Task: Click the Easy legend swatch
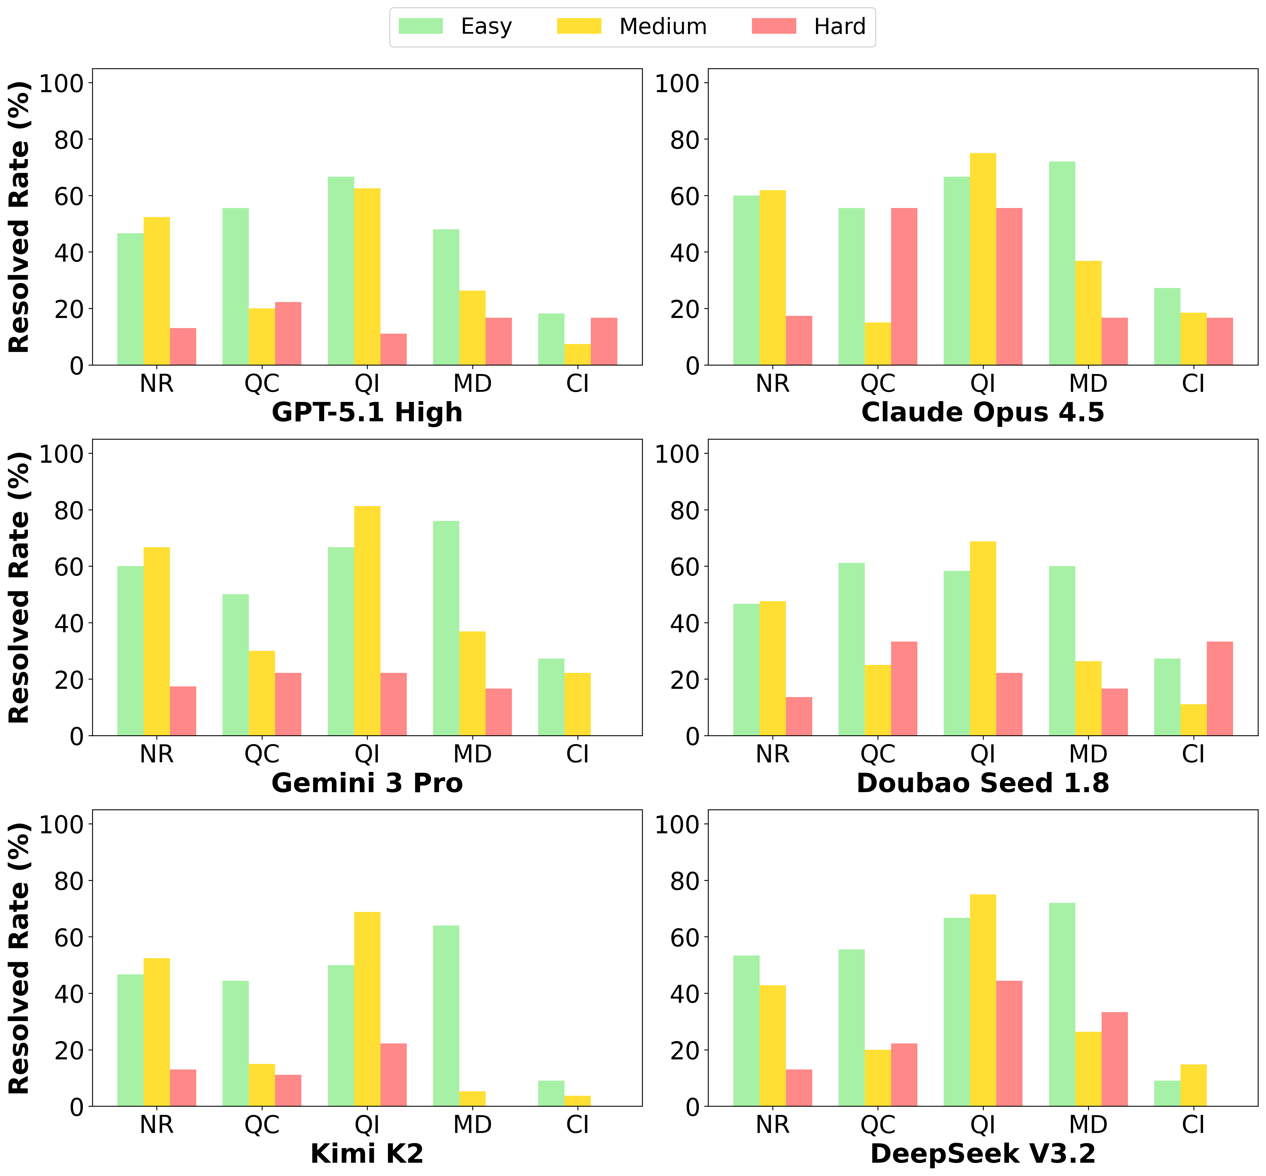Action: pyautogui.click(x=421, y=26)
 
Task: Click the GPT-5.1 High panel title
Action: pyautogui.click(x=367, y=412)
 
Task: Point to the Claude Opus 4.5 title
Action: pyautogui.click(x=983, y=412)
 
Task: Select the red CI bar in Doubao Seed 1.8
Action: pyautogui.click(x=1220, y=689)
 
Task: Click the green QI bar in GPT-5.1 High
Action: pyautogui.click(x=341, y=270)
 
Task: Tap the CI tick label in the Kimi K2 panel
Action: pyautogui.click(x=578, y=1124)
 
